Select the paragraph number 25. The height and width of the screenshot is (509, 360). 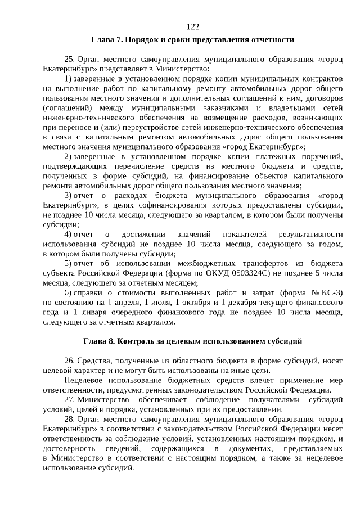coord(70,59)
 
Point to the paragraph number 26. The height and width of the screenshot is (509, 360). coord(70,360)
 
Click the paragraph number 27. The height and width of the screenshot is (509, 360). coord(70,399)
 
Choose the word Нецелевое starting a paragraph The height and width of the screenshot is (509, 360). coord(85,380)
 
